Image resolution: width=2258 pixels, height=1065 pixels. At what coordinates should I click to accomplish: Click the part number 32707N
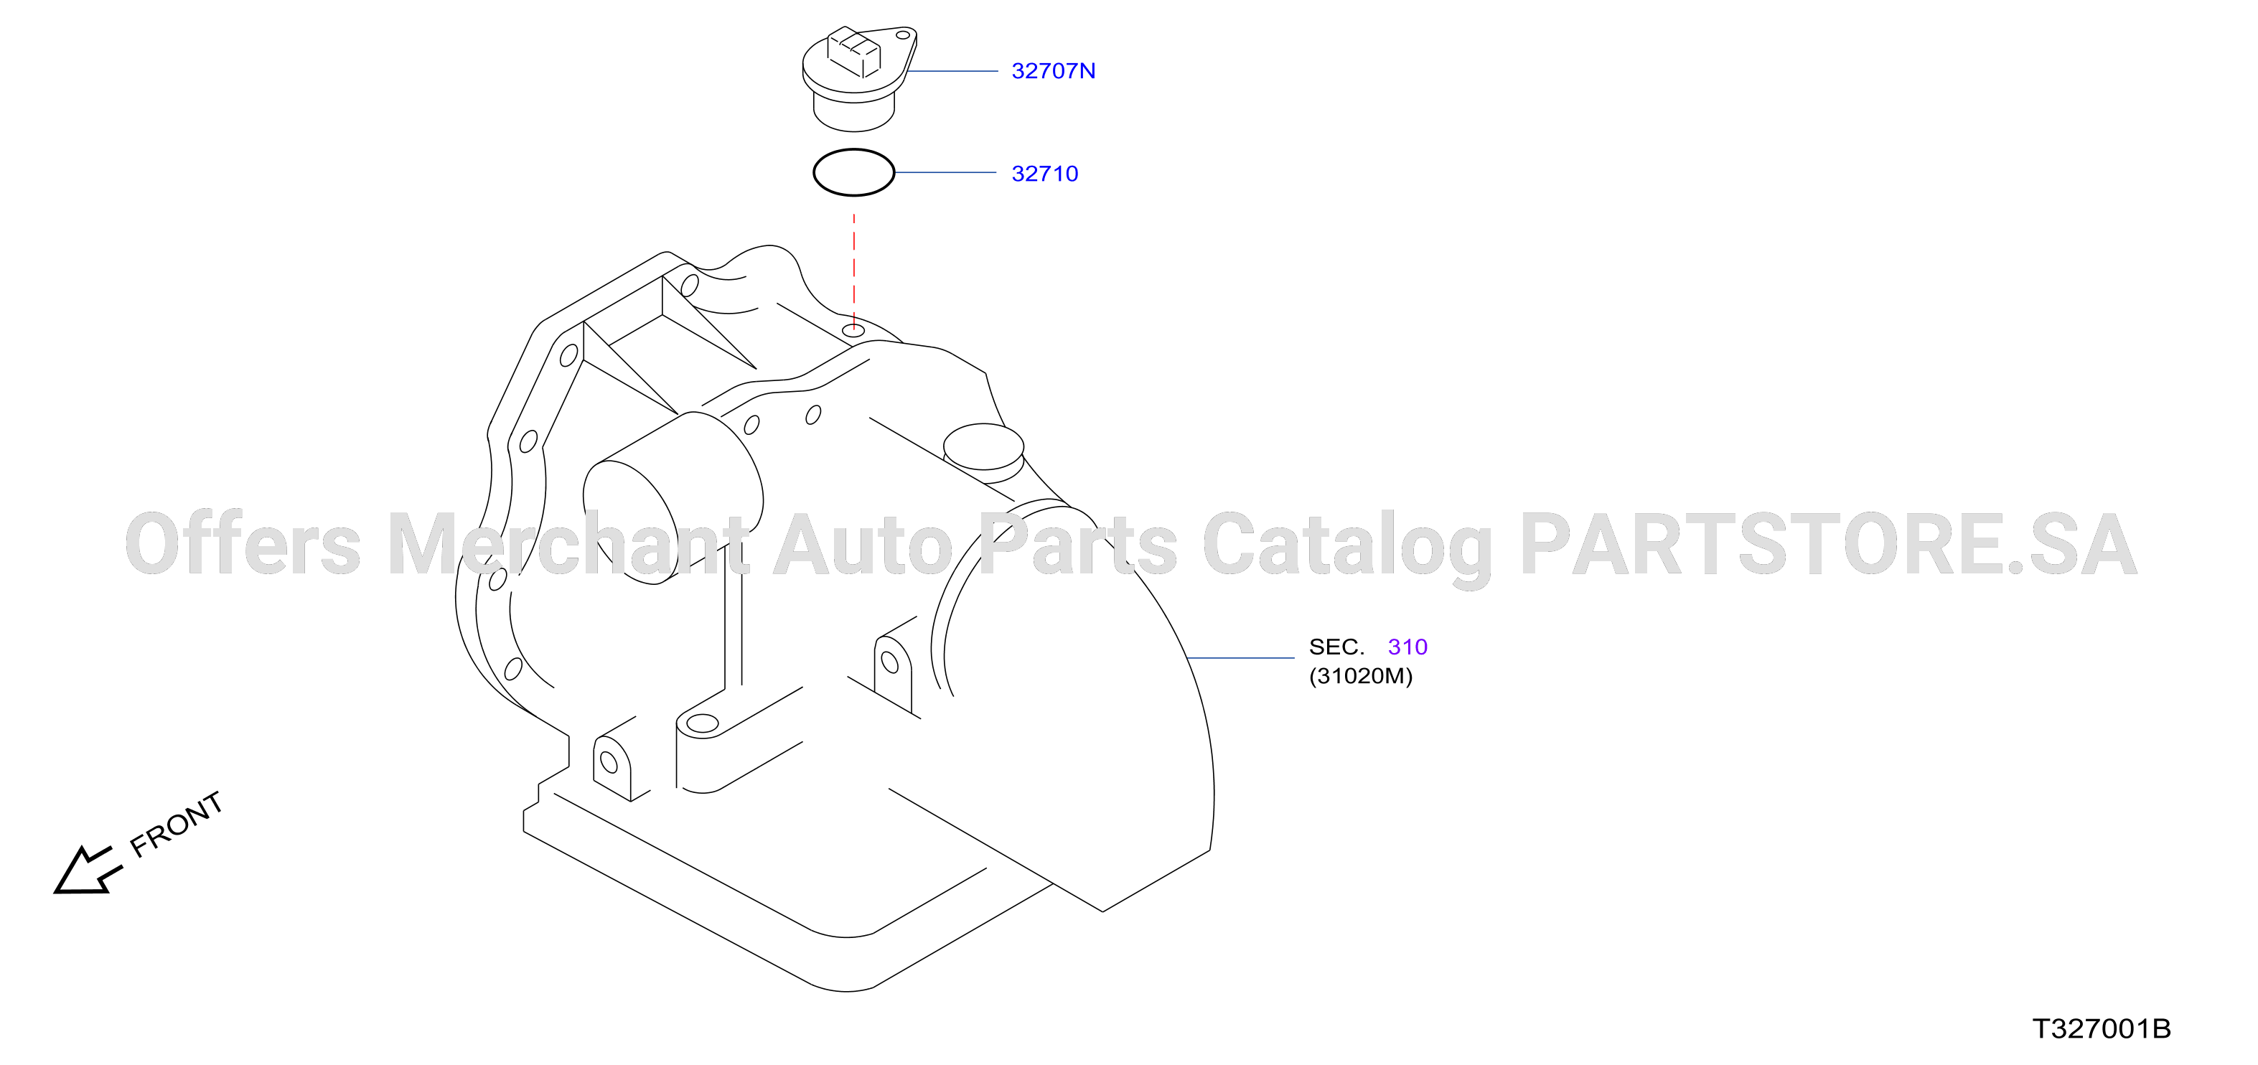click(x=1053, y=71)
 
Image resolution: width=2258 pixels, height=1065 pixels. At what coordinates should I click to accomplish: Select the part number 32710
click(x=1045, y=174)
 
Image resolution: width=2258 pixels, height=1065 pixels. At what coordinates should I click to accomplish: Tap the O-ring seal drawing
click(x=854, y=150)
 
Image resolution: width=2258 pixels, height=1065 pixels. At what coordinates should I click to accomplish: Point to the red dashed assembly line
click(x=854, y=271)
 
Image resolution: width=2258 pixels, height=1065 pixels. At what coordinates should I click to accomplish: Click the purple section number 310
click(x=1407, y=647)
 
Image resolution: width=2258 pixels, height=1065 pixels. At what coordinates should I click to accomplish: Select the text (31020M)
click(x=1360, y=676)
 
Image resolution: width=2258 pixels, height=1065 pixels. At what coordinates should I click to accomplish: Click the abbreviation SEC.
click(x=1336, y=647)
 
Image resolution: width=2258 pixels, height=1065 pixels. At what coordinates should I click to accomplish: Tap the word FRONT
click(x=176, y=824)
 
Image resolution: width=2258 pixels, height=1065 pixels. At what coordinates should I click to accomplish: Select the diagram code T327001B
click(x=2101, y=1029)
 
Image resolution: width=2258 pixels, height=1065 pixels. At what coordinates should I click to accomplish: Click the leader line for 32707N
click(x=951, y=71)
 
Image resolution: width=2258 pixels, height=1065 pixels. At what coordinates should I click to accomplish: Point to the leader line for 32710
click(x=945, y=173)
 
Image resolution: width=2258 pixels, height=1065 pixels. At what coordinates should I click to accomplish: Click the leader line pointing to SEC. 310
click(x=1240, y=657)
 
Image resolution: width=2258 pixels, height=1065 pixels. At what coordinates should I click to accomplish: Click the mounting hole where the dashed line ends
click(x=854, y=330)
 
